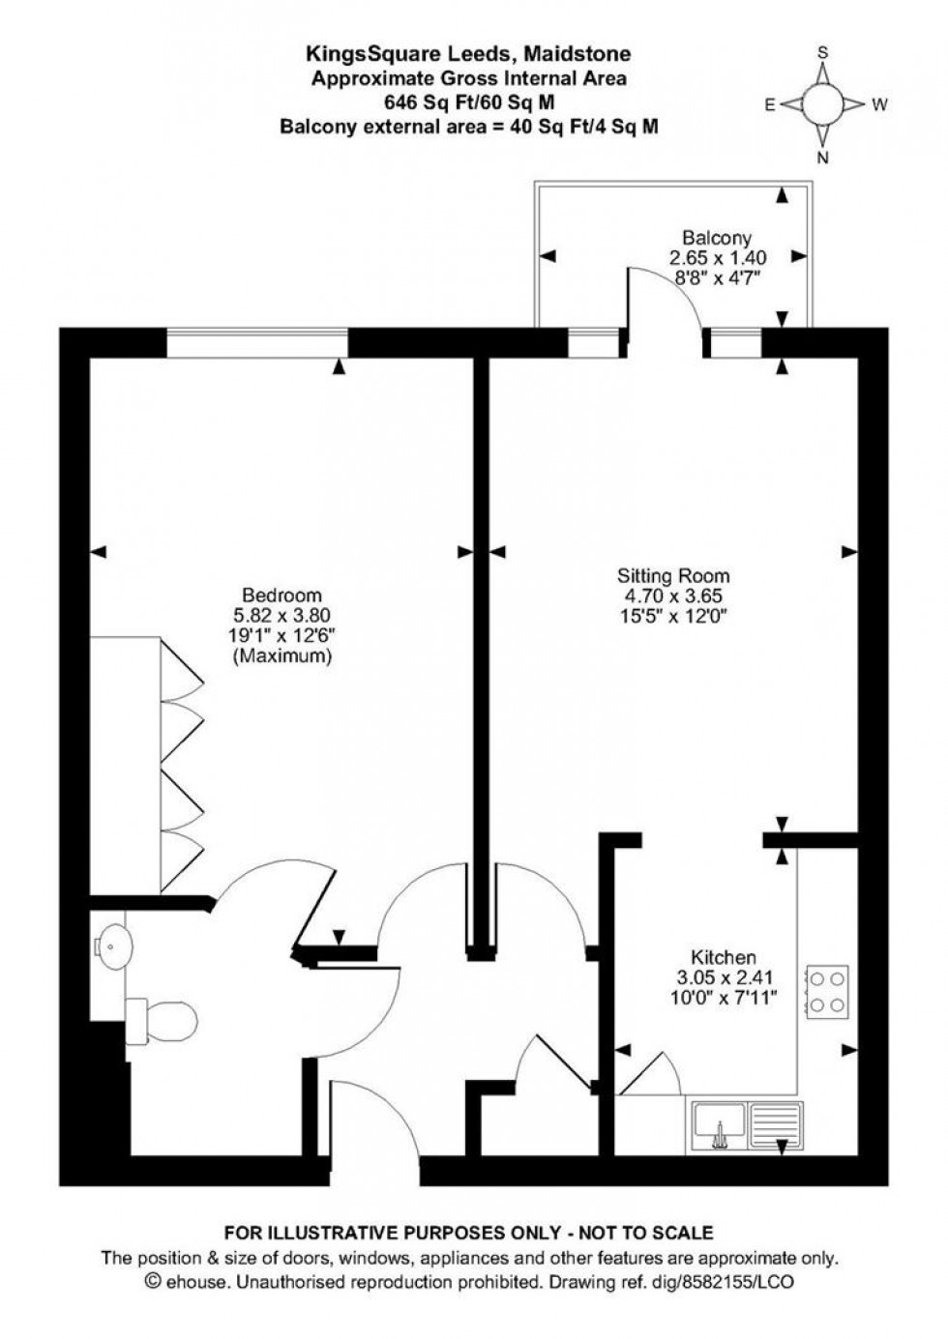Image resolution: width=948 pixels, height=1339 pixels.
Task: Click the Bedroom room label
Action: pos(281,595)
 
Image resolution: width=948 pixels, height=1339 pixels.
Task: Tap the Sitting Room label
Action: pos(674,576)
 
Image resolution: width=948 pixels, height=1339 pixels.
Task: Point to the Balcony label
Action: pos(717,238)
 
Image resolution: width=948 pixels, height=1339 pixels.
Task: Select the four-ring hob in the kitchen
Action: pos(828,992)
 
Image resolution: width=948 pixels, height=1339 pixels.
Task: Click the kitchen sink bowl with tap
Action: pos(719,1123)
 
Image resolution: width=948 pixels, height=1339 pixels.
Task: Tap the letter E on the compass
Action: pos(771,105)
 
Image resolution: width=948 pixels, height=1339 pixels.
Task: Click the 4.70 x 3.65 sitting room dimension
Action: pos(674,597)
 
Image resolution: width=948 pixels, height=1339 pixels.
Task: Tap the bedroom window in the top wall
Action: pos(257,342)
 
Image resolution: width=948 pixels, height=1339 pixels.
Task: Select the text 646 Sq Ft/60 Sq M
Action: pos(469,102)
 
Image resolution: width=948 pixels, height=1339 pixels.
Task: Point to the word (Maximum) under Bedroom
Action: pos(281,655)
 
